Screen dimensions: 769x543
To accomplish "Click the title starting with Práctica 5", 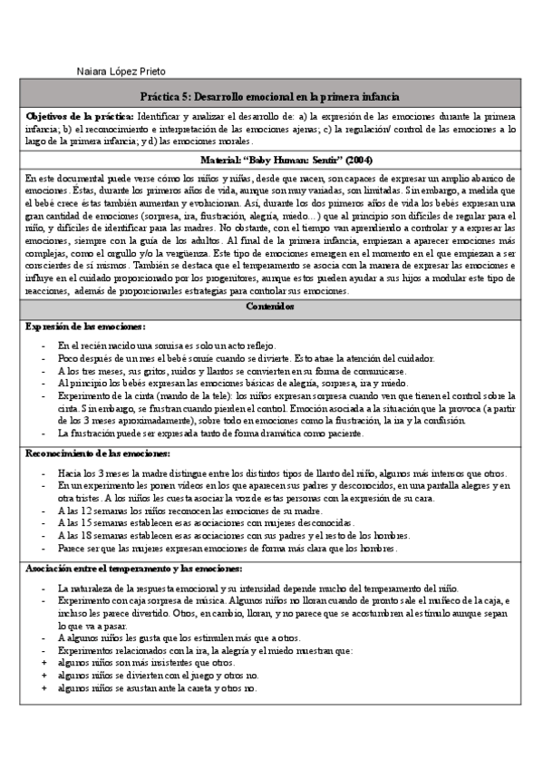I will click(x=271, y=96).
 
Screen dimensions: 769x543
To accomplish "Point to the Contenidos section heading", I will click(x=271, y=307).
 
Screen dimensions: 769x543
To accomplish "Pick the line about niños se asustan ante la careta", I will click(x=157, y=688).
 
